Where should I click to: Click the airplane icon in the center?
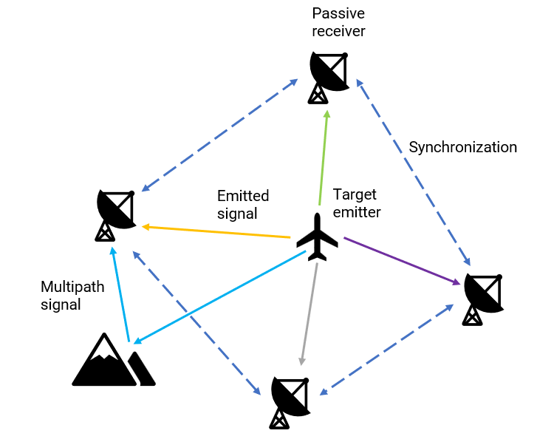[x=318, y=237]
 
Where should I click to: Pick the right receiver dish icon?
[x=483, y=299]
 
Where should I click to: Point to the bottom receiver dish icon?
[x=291, y=401]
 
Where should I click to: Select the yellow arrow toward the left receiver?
[x=214, y=231]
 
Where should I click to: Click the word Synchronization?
[x=463, y=147]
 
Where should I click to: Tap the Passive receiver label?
[x=338, y=22]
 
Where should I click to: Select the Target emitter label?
[x=357, y=203]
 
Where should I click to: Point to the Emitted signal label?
[x=242, y=205]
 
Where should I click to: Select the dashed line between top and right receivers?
[x=414, y=173]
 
